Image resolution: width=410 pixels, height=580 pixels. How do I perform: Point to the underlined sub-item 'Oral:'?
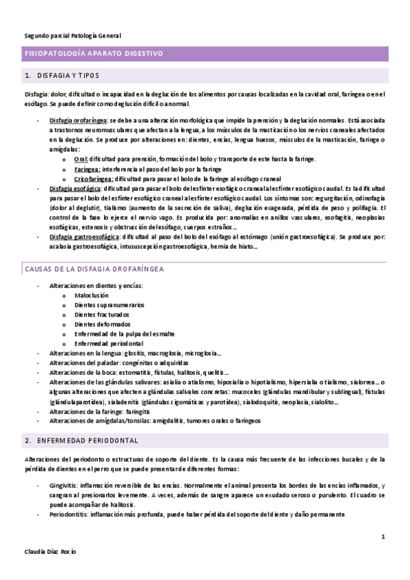point(82,159)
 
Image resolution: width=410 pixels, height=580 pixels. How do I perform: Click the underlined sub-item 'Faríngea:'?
point(88,168)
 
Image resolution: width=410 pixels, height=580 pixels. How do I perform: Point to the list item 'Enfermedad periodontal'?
point(109,343)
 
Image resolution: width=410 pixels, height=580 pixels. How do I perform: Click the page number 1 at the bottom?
point(383,538)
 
